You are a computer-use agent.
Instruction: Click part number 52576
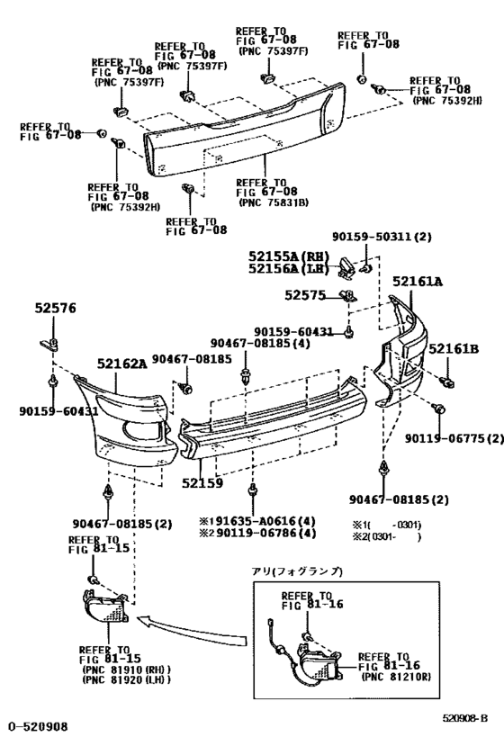pyautogui.click(x=56, y=309)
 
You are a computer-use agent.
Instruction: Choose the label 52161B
pyautogui.click(x=454, y=349)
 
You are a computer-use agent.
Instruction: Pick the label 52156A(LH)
pyautogui.click(x=291, y=268)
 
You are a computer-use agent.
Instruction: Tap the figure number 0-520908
pyautogui.click(x=38, y=724)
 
